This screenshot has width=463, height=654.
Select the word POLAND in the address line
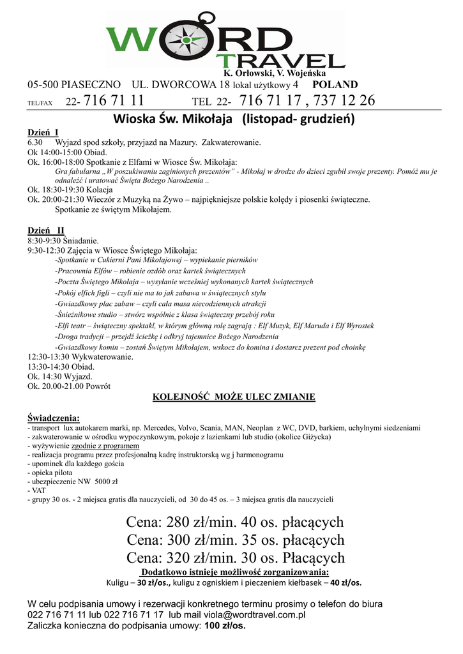click(x=335, y=84)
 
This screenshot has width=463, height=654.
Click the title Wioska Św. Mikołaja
click(x=185, y=119)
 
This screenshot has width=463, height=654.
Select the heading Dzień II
click(x=46, y=231)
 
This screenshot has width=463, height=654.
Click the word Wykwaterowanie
click(x=102, y=356)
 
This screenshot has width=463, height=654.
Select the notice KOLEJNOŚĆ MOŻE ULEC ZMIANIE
click(x=234, y=397)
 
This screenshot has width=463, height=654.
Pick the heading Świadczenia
click(x=54, y=418)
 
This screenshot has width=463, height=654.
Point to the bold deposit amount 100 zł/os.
click(x=224, y=626)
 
